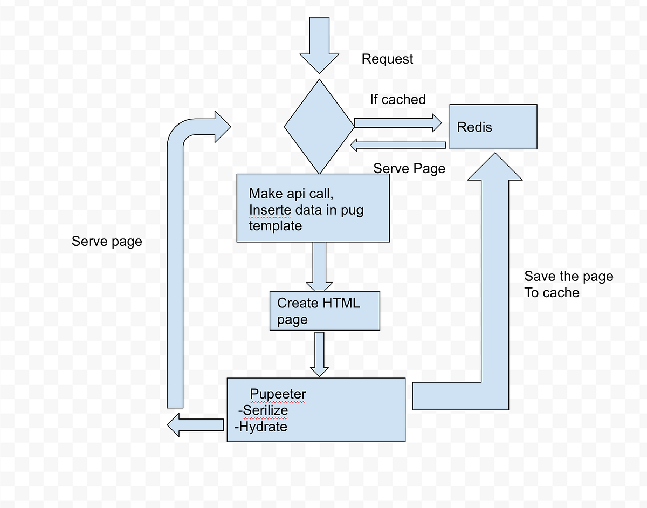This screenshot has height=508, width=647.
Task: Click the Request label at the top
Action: pos(387,59)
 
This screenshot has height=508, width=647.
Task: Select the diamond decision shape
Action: pos(319,126)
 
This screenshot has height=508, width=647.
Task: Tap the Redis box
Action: pos(493,127)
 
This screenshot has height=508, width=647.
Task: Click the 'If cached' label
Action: pos(397,99)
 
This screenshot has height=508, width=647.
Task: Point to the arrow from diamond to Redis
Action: pos(397,122)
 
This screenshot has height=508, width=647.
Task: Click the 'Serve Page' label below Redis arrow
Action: pos(409,168)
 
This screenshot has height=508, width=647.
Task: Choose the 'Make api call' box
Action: pos(313,208)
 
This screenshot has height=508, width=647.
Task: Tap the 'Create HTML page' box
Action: pos(325,311)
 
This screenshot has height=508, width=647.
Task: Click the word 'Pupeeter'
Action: pos(278,395)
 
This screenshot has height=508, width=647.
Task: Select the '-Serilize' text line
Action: pos(263,410)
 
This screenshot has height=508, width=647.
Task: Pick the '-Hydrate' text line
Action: pos(261,427)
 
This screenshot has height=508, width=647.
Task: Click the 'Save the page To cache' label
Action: pos(568,285)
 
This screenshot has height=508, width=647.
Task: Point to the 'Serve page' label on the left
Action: pos(107,241)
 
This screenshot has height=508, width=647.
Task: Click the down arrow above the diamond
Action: pos(319,44)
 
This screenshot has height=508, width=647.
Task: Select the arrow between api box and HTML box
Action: pos(319,267)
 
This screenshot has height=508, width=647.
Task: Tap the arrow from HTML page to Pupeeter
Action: pos(319,354)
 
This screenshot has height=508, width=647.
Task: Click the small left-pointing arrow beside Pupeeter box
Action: pos(195,425)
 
